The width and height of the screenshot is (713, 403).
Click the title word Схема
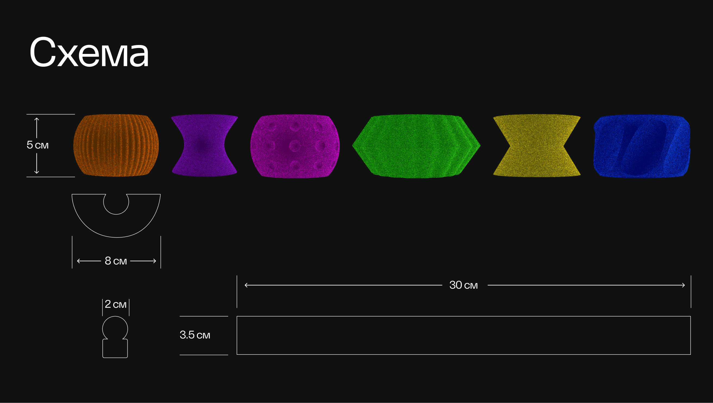(89, 52)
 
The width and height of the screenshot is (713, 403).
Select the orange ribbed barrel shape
(116, 145)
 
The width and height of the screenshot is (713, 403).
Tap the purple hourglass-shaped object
(204, 145)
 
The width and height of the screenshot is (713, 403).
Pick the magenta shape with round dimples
(295, 146)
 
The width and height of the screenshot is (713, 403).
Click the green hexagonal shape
(416, 146)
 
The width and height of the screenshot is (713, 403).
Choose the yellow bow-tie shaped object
(537, 145)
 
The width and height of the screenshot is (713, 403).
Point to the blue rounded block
(642, 146)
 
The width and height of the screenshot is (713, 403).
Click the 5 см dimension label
(37, 145)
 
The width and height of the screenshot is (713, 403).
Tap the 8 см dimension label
(116, 261)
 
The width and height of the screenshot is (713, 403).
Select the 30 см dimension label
(463, 285)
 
